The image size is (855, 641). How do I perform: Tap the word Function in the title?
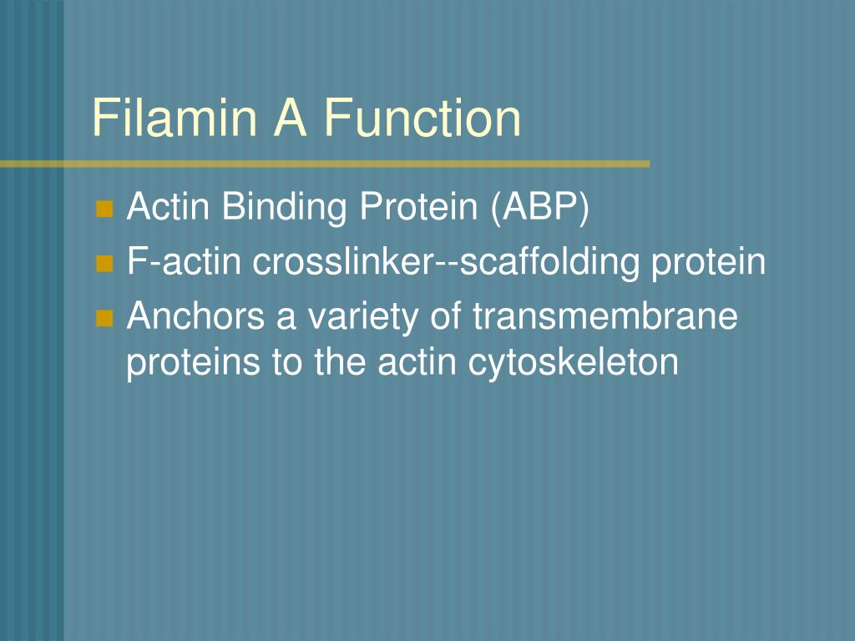(x=422, y=118)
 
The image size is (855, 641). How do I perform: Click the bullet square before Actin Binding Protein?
(x=104, y=209)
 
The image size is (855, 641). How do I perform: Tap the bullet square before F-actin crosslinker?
(x=104, y=265)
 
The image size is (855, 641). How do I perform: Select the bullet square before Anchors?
(x=104, y=319)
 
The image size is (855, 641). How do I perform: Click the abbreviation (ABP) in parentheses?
(x=540, y=208)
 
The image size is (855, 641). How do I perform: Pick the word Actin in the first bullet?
(x=169, y=208)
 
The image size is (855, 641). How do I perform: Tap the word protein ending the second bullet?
(x=709, y=263)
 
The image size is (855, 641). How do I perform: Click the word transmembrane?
(x=605, y=317)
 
